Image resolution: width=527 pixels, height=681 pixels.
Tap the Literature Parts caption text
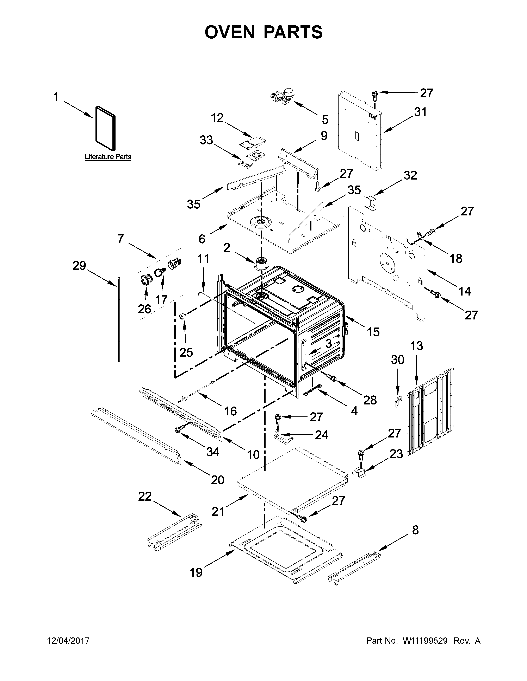[108, 157]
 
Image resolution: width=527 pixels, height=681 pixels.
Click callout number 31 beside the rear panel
[420, 112]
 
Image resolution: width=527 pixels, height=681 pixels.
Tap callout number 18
[456, 258]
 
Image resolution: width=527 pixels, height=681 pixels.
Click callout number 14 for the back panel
[465, 291]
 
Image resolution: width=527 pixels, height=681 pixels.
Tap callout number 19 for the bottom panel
[196, 572]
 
